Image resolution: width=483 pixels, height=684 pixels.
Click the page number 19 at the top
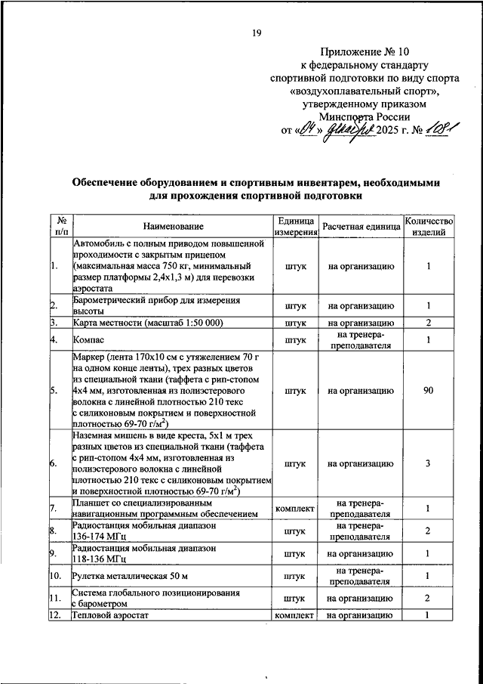point(256,32)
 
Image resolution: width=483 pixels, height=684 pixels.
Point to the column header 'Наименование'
point(174,226)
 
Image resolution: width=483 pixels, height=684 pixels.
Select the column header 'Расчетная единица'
point(361,226)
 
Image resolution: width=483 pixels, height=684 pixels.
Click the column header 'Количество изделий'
point(428,226)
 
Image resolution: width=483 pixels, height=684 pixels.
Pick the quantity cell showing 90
point(428,391)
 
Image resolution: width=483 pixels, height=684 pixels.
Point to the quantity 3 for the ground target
point(428,463)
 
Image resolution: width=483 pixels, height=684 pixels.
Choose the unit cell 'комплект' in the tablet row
point(295,509)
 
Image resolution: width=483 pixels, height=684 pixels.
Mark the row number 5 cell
point(54,391)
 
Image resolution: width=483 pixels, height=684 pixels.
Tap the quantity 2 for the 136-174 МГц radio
point(428,531)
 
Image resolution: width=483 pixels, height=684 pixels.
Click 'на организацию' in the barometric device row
point(361,305)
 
